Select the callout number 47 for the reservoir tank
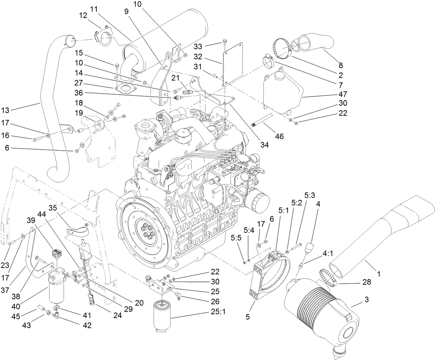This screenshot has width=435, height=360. pyautogui.click(x=343, y=94)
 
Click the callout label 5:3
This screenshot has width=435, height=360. pyautogui.click(x=309, y=195)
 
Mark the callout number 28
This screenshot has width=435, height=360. pyautogui.click(x=366, y=282)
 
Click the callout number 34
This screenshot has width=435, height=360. pyautogui.click(x=265, y=145)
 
